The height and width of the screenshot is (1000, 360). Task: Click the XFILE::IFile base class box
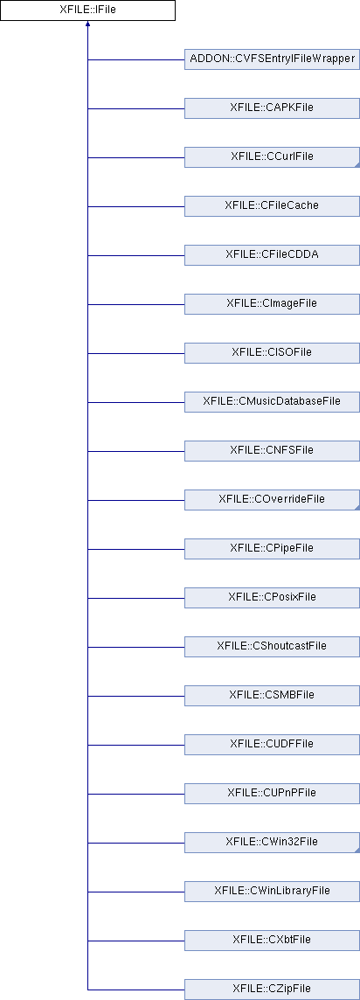[87, 10]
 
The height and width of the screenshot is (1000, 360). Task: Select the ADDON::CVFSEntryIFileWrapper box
[272, 59]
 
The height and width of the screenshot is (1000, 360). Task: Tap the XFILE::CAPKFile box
[272, 108]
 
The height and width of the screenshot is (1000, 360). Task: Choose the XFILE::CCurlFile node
[272, 157]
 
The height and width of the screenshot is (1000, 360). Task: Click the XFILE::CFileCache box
[272, 206]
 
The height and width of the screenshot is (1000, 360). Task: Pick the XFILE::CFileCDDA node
[272, 255]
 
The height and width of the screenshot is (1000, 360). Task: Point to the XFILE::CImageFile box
[272, 304]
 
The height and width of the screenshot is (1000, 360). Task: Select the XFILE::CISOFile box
[272, 352]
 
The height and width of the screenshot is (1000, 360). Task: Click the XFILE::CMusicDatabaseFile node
[272, 402]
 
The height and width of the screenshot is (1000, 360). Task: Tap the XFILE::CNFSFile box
[272, 451]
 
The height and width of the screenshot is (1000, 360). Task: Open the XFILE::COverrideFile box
[272, 499]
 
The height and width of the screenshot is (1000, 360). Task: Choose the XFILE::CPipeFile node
[272, 548]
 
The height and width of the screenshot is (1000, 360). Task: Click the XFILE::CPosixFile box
[272, 598]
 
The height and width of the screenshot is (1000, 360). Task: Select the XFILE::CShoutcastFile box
[272, 647]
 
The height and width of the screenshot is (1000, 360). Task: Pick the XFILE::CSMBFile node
[272, 695]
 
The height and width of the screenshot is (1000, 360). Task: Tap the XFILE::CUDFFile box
[272, 744]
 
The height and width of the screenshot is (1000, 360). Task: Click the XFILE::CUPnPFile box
[272, 794]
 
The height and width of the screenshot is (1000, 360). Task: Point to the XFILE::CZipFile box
[272, 990]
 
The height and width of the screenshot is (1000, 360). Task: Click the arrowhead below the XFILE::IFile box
[87, 24]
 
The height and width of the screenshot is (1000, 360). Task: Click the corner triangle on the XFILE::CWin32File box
[357, 851]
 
